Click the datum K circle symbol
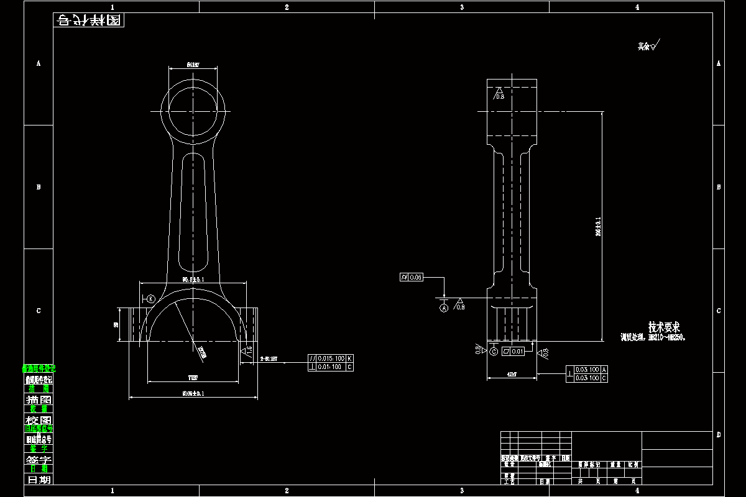[151, 299]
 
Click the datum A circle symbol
[444, 308]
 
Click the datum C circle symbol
[494, 352]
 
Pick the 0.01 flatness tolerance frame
[513, 352]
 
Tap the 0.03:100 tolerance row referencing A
[587, 370]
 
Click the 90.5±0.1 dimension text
[193, 280]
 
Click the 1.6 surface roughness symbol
[247, 352]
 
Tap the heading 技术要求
[664, 327]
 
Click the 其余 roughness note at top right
[648, 46]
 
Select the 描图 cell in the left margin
[38, 399]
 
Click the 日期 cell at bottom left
[38, 480]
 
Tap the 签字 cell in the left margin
[38, 459]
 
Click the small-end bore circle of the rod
[193, 111]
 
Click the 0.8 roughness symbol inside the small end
[499, 95]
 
